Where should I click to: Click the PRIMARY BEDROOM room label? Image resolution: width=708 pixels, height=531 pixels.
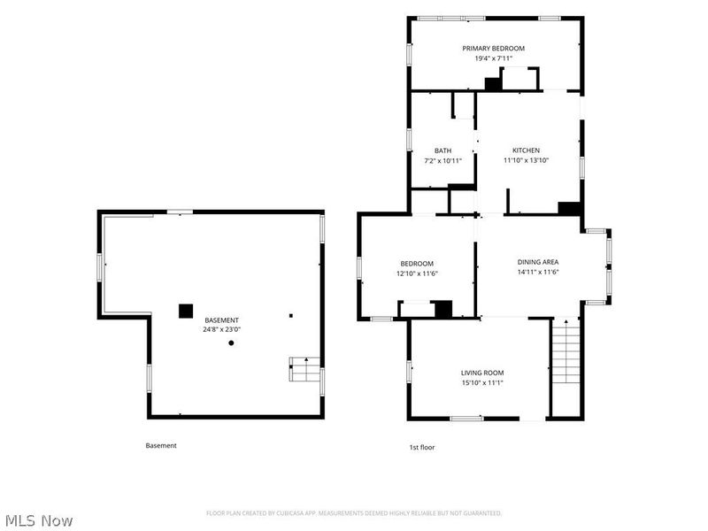[493, 49]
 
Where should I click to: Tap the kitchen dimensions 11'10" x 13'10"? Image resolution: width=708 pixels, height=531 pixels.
[526, 160]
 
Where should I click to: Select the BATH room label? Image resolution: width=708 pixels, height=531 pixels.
[442, 150]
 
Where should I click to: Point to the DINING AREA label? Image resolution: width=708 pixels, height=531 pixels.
[538, 262]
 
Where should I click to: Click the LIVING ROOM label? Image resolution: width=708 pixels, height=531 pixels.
[482, 373]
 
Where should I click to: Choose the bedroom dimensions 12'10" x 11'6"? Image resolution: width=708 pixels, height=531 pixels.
[417, 273]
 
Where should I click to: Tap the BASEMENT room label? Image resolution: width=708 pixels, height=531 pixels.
[222, 320]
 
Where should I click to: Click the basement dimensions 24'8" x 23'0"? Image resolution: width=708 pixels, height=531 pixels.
[222, 329]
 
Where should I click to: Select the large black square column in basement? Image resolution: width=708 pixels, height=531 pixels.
[186, 312]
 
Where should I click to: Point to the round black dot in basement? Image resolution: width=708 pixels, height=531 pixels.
[231, 343]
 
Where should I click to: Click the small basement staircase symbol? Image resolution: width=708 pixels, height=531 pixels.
[304, 369]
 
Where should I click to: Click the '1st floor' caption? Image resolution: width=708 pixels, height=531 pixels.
[422, 448]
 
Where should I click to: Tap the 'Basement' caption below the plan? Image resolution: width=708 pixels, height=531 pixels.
[161, 446]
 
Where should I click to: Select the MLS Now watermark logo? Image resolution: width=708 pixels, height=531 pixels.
[36, 520]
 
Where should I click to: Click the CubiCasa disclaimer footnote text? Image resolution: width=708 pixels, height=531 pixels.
[354, 513]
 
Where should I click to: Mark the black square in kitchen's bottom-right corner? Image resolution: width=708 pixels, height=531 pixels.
[569, 208]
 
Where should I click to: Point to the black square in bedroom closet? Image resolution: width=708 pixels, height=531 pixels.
[443, 309]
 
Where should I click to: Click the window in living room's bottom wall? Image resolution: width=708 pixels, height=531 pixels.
[467, 419]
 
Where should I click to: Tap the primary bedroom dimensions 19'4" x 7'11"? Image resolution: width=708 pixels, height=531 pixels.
[494, 58]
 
